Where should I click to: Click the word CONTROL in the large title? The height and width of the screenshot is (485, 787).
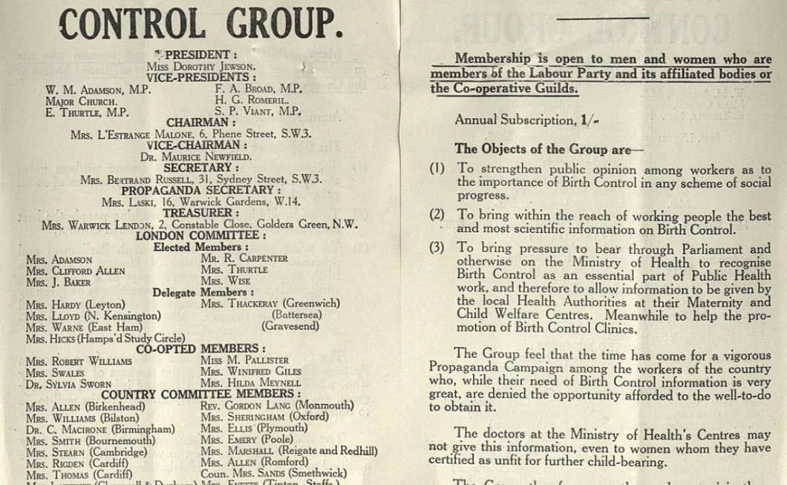point(131,24)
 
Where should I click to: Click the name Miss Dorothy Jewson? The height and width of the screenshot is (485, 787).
point(200,67)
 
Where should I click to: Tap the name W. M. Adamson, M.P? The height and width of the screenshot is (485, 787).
point(98,90)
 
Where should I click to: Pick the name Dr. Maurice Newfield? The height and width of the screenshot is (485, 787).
point(195,156)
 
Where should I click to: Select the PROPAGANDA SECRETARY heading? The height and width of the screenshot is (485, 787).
point(200,191)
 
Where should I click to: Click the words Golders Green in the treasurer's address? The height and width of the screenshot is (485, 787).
point(294,225)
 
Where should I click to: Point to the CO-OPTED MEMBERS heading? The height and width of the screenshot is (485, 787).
point(200,349)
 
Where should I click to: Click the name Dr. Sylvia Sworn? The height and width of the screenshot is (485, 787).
point(68,384)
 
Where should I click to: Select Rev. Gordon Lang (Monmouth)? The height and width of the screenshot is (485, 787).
point(277,406)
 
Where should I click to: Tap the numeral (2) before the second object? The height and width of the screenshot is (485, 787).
point(437,215)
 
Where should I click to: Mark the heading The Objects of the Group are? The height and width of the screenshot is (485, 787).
point(549,149)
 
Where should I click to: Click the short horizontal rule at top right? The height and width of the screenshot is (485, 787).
point(601,16)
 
